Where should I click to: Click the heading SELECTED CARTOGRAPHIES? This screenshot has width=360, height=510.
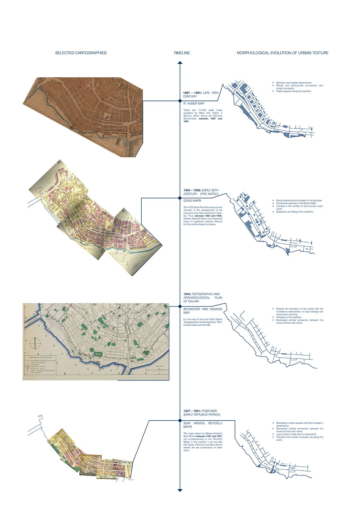pos(81,53)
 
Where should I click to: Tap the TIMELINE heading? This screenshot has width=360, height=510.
pos(181,53)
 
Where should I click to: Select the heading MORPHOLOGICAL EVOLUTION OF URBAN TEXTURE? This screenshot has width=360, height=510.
pos(283,53)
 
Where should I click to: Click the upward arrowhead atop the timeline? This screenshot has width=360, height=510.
pos(180,63)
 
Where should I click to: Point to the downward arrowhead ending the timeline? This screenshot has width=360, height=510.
pos(180,490)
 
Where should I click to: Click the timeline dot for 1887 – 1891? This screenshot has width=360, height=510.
pos(180,101)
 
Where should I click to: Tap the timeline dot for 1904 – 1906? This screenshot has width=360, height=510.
pos(180,198)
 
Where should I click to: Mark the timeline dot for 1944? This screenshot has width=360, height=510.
pos(180,306)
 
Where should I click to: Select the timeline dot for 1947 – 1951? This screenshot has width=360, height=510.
pos(180,420)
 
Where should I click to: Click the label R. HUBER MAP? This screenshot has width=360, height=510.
pos(194,104)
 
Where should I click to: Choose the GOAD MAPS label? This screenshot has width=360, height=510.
pos(192,201)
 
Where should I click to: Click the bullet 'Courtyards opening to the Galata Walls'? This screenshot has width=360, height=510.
pos(296,203)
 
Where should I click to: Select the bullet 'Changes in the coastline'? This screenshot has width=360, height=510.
pos(289,317)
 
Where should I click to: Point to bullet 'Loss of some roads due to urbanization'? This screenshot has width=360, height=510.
pos(296,434)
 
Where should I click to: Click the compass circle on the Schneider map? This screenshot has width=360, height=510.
pos(35,342)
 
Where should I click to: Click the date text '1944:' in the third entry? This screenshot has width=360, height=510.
pos(187,294)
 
